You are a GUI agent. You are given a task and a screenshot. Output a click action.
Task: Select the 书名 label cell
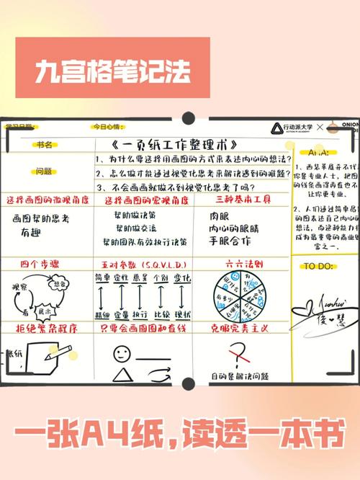pos(45,145)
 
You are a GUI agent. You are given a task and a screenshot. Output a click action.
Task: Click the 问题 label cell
pos(44,172)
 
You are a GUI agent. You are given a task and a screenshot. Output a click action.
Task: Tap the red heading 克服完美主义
pos(240,327)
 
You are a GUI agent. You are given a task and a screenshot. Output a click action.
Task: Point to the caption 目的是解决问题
pos(234,377)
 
